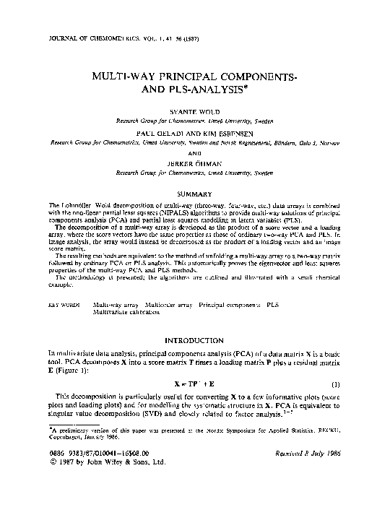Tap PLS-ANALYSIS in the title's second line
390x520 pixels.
211,90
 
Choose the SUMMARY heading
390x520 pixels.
195,194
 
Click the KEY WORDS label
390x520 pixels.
64,305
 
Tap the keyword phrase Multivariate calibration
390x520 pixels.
123,313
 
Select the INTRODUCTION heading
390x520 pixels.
195,339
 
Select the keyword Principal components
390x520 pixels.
229,305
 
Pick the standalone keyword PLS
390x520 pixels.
273,305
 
